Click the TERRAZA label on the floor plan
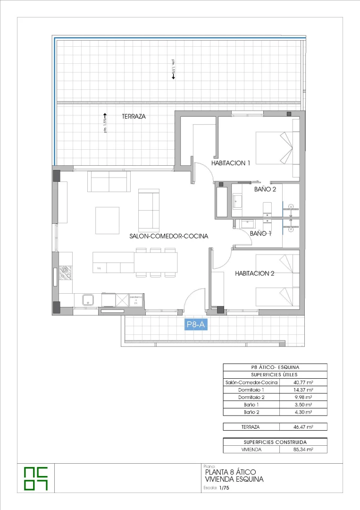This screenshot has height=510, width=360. pyautogui.click(x=133, y=116)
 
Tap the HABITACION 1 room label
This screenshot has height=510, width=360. pyautogui.click(x=231, y=163)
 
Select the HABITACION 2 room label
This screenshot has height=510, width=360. pyautogui.click(x=254, y=273)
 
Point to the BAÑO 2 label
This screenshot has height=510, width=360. pyautogui.click(x=265, y=189)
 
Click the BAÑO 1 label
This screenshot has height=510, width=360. pyautogui.click(x=260, y=233)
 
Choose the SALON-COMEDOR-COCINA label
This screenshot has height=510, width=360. pyautogui.click(x=168, y=236)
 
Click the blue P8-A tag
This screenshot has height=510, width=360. pyautogui.click(x=195, y=324)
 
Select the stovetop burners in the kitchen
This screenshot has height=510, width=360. pyautogui.click(x=65, y=273)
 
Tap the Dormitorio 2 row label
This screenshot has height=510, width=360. pyautogui.click(x=251, y=398)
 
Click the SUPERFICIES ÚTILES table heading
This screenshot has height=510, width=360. pyautogui.click(x=275, y=374)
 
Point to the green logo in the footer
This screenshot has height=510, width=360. pyautogui.click(x=36, y=478)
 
